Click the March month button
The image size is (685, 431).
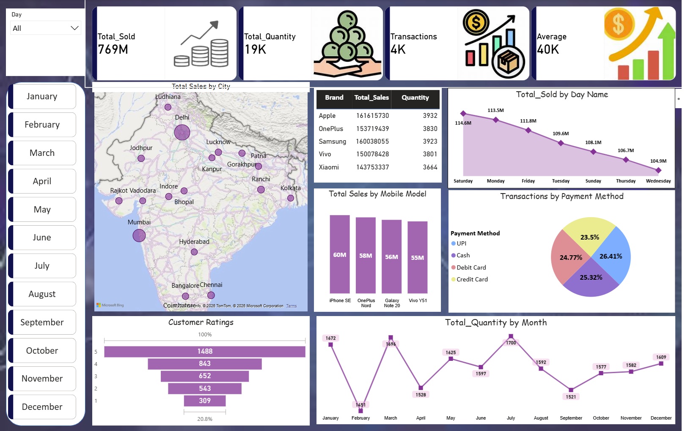(42, 153)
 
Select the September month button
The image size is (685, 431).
(42, 322)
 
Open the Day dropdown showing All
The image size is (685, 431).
(45, 28)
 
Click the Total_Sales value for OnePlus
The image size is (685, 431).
(372, 128)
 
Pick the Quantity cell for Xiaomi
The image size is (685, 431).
(430, 167)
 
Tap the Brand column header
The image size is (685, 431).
(334, 98)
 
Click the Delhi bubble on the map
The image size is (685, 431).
(182, 132)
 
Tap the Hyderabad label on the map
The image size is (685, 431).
(194, 242)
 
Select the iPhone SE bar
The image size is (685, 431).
(340, 254)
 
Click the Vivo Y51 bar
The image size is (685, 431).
(418, 257)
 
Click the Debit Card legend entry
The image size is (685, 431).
(471, 267)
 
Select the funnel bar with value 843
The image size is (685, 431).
(205, 364)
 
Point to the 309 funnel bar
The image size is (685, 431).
(205, 401)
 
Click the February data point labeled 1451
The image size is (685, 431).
(360, 410)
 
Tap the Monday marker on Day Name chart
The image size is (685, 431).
(496, 120)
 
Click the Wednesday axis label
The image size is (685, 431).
(658, 181)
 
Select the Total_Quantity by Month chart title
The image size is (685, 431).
(495, 323)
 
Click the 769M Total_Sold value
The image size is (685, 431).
(113, 49)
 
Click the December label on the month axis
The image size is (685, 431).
(661, 418)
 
